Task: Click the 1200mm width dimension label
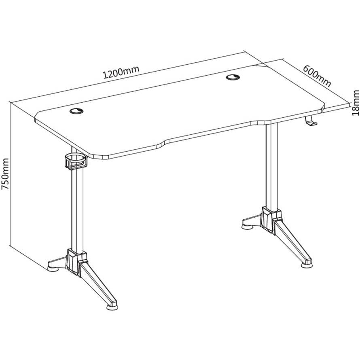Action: [121, 72]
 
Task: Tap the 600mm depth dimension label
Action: [317, 76]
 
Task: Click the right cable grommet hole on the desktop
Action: [233, 77]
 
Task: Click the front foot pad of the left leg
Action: [112, 307]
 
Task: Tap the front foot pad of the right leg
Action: [307, 265]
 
